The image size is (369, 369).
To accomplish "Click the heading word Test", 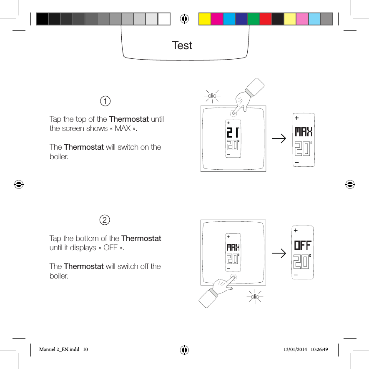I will pyautogui.click(x=182, y=45).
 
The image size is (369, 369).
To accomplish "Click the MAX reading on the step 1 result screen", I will pyautogui.click(x=304, y=133).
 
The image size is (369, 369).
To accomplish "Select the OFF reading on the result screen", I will pyautogui.click(x=303, y=245).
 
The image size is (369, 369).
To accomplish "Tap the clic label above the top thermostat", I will pyautogui.click(x=212, y=96).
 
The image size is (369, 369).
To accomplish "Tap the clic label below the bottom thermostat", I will pyautogui.click(x=255, y=296).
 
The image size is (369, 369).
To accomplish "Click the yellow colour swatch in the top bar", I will pyautogui.click(x=205, y=19).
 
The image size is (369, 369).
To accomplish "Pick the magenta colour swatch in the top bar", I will pyautogui.click(x=217, y=19).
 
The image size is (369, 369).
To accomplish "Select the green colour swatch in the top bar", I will pyautogui.click(x=254, y=19).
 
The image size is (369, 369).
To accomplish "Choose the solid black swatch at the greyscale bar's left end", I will pyautogui.click(x=42, y=19).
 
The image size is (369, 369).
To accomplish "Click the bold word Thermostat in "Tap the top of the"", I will pyautogui.click(x=129, y=120).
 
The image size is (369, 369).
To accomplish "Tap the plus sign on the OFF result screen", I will pyautogui.click(x=296, y=230).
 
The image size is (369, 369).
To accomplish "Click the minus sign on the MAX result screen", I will pyautogui.click(x=296, y=162).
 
